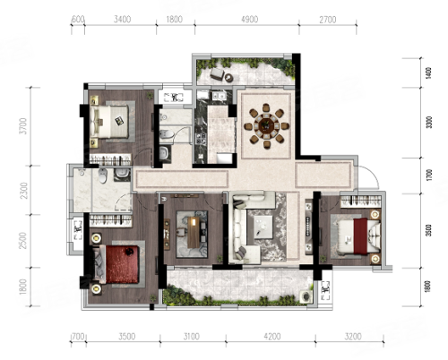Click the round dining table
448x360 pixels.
click(x=266, y=125)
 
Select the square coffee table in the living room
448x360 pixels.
click(x=263, y=227)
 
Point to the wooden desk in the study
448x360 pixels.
click(x=194, y=232)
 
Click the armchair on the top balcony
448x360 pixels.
click(x=218, y=73)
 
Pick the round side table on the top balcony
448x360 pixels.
click(x=229, y=77)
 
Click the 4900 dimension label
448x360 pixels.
click(x=249, y=20)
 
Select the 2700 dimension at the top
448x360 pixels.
click(x=328, y=20)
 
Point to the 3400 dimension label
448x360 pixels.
click(x=122, y=20)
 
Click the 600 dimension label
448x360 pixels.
click(x=78, y=19)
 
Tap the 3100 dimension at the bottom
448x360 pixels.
click(x=191, y=337)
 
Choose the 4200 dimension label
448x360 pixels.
click(x=272, y=337)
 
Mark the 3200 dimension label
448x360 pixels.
click(x=353, y=337)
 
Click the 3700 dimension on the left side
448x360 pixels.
click(x=22, y=126)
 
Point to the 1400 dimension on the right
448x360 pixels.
click(x=428, y=73)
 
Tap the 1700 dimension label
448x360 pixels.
click(x=429, y=175)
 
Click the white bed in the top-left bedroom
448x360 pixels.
click(x=109, y=122)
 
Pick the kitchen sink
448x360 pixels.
click(x=219, y=96)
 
